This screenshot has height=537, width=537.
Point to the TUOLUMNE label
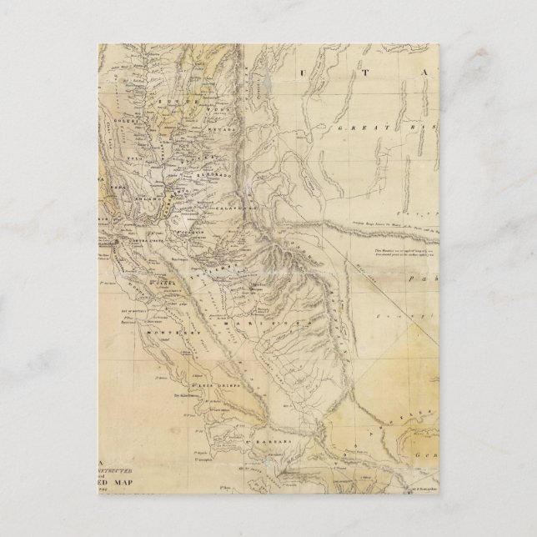pyautogui.click(x=208, y=257)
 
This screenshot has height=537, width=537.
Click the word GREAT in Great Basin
pyautogui.click(x=354, y=128)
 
